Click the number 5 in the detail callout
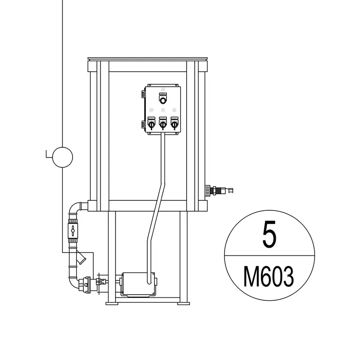click(x=270, y=234)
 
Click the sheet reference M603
click(x=269, y=276)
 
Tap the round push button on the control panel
click(x=163, y=100)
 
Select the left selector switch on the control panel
click(x=151, y=125)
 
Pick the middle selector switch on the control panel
click(x=163, y=125)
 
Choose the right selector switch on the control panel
click(x=174, y=125)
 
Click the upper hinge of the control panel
click(x=143, y=94)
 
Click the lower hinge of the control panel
click(x=143, y=124)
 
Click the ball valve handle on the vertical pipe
click(x=73, y=231)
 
